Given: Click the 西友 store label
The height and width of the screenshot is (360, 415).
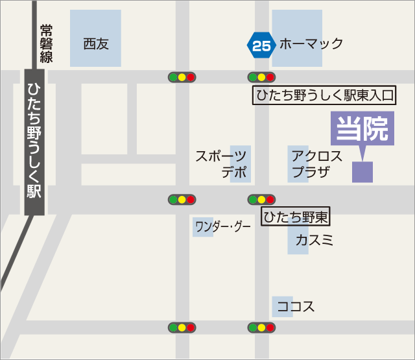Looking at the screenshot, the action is pyautogui.click(x=95, y=44).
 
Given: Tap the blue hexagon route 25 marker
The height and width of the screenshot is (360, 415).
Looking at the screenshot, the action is pyautogui.click(x=261, y=45).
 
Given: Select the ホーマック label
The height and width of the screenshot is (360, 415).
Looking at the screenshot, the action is pyautogui.click(x=311, y=44).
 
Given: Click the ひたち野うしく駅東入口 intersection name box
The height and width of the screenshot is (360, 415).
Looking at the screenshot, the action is pyautogui.click(x=324, y=96).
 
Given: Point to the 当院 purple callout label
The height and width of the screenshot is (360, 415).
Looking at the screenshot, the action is pyautogui.click(x=362, y=128).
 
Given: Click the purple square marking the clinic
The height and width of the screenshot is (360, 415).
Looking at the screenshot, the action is pyautogui.click(x=362, y=172).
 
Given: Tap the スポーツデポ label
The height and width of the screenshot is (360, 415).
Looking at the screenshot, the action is pyautogui.click(x=222, y=163).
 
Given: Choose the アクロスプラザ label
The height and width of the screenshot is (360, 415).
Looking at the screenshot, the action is pyautogui.click(x=316, y=163).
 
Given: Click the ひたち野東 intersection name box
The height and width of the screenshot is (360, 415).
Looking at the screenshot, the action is pyautogui.click(x=296, y=216).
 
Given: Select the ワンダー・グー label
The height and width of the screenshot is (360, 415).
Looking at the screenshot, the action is pyautogui.click(x=222, y=227).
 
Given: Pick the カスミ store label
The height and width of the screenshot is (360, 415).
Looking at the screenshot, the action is pyautogui.click(x=314, y=241).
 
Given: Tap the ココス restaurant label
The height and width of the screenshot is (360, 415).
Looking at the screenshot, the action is pyautogui.click(x=296, y=306).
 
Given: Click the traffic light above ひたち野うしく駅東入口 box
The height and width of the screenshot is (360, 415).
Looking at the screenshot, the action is pyautogui.click(x=261, y=77).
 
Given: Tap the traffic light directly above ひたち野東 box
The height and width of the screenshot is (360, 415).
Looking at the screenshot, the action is pyautogui.click(x=261, y=199).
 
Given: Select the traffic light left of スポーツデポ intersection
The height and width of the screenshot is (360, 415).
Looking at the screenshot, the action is pyautogui.click(x=182, y=199).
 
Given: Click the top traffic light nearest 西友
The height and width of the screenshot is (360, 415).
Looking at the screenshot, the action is pyautogui.click(x=182, y=77).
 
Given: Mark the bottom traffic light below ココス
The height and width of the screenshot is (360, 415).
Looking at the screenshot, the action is pyautogui.click(x=261, y=328).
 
